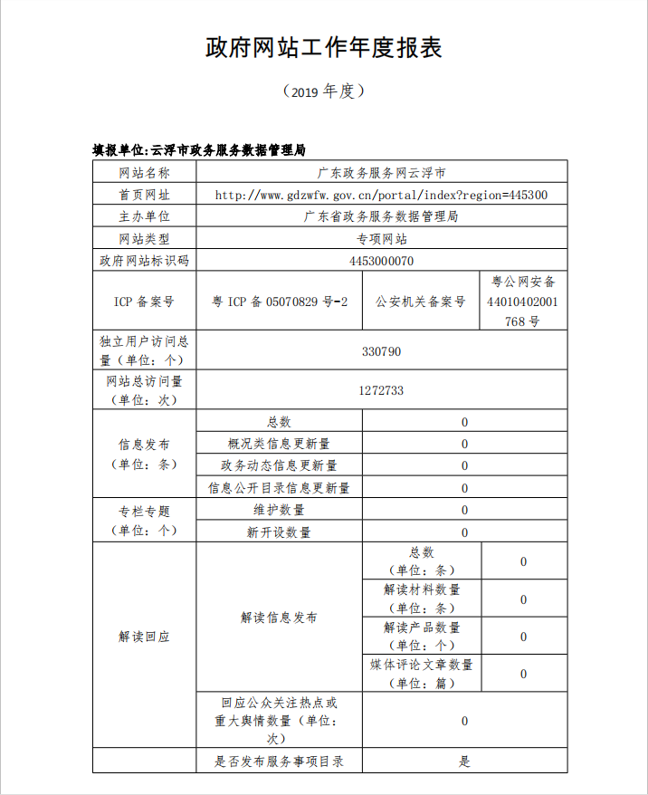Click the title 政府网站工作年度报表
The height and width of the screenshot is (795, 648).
pos(324,48)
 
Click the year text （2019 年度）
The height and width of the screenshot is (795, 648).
pos(324,91)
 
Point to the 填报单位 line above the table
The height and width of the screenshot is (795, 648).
pos(200,149)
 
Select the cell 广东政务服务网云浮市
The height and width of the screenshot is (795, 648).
pos(381,172)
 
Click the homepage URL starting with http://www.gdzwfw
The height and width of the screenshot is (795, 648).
pos(381,195)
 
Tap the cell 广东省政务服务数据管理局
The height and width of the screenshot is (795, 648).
pos(381,216)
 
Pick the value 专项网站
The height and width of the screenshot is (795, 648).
pos(381,239)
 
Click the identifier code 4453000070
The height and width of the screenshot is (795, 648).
pos(381,261)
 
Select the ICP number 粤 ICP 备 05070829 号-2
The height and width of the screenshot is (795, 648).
pos(280,301)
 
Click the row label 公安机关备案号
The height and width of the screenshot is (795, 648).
pos(421,301)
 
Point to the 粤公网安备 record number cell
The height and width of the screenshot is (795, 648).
pos(523,301)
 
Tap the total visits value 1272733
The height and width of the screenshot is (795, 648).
pos(381,390)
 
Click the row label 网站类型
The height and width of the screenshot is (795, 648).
pos(144,239)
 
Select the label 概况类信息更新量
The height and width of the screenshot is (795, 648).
pos(279,444)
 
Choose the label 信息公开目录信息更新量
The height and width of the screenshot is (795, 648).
pos(279,488)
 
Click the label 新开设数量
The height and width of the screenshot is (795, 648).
pos(279,532)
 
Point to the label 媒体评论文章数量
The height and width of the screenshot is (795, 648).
pos(421,674)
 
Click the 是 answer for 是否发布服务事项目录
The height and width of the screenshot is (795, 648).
pos(464,761)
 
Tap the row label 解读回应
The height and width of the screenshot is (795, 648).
pos(144,637)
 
